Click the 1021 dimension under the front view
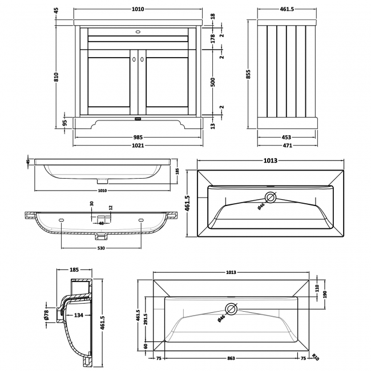coord(138,146)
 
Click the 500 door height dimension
coord(212,82)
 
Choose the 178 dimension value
coord(212,38)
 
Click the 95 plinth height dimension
coord(65,122)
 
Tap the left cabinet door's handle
coord(132,58)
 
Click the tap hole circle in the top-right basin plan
coord(270,198)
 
